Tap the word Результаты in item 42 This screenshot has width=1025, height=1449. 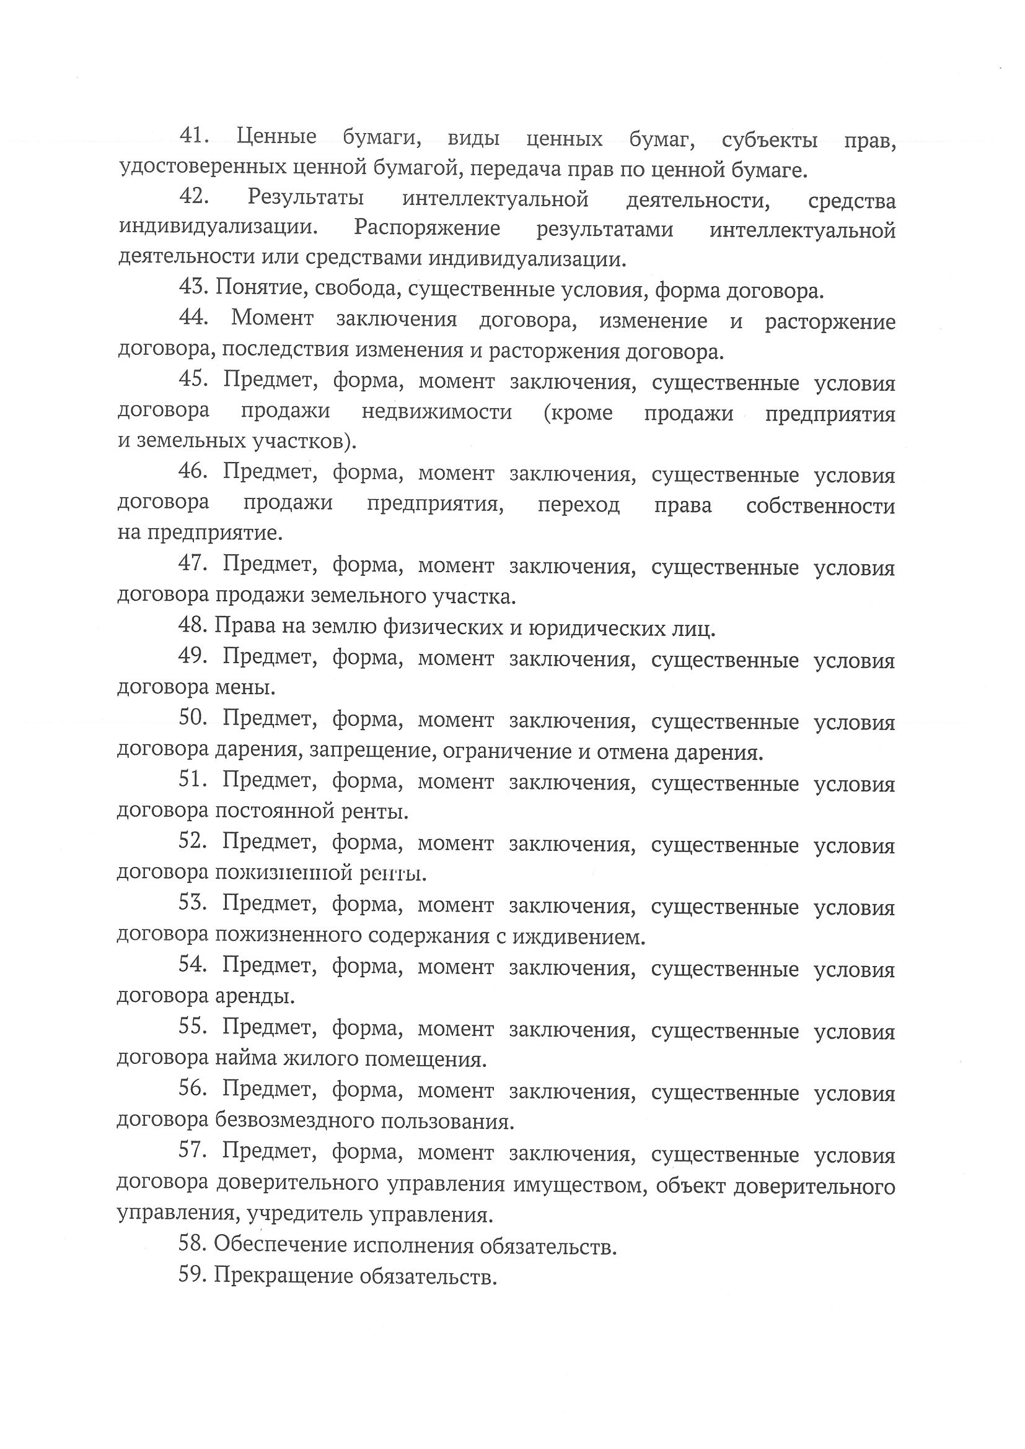306,198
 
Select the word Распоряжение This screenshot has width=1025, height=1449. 427,228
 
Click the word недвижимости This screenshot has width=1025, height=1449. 437,412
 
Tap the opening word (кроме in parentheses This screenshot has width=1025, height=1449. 578,413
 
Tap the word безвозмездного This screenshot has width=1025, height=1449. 294,1121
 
